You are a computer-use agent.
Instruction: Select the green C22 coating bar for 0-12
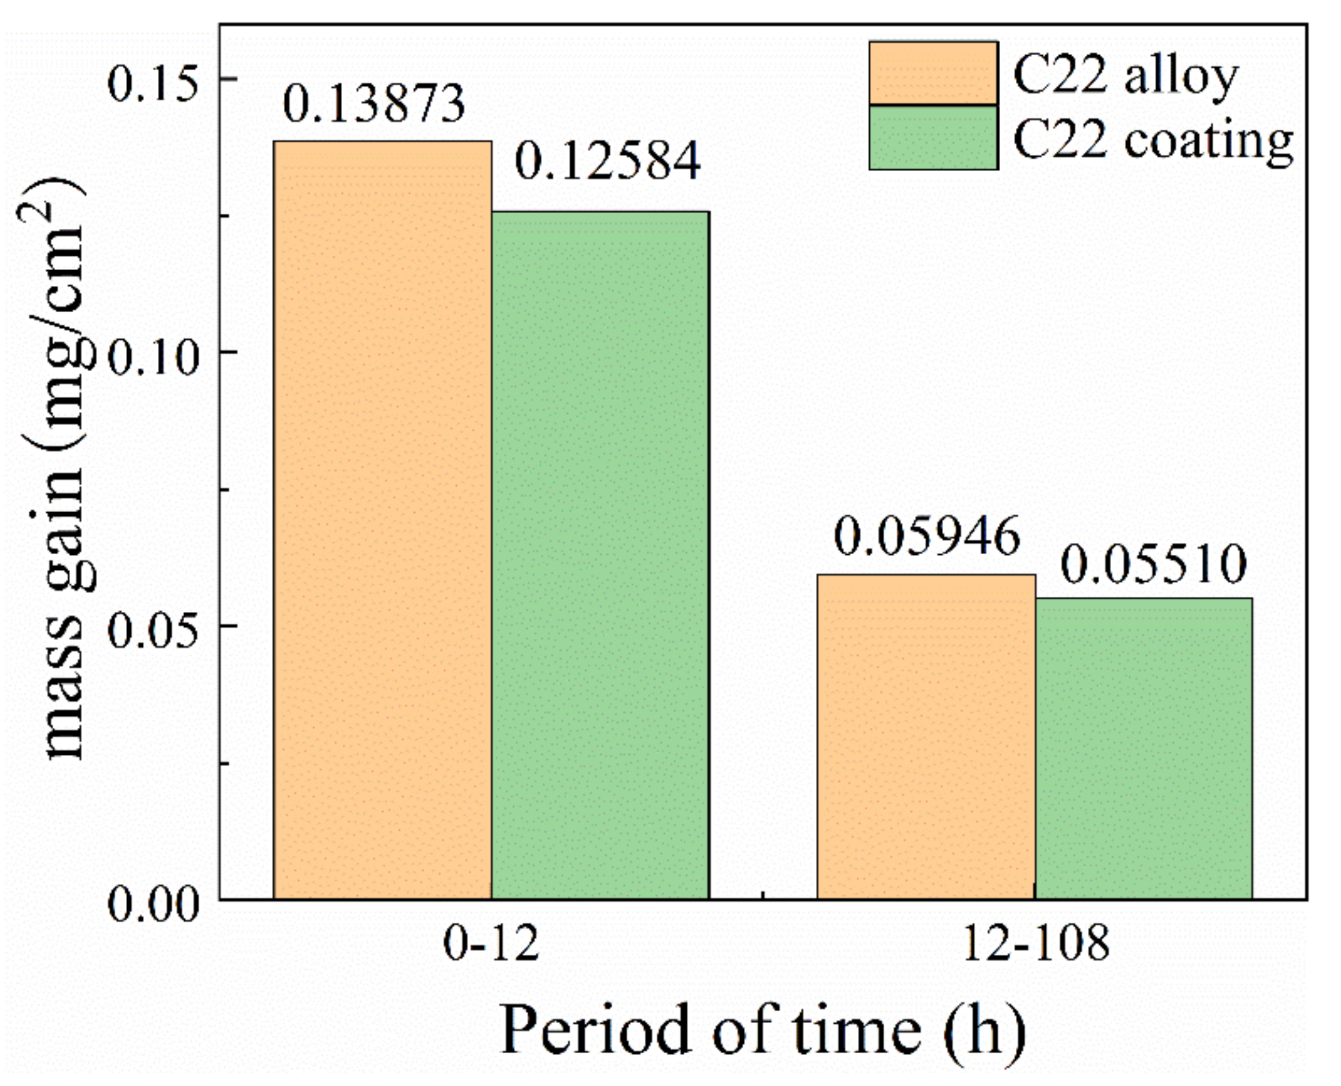click(x=600, y=554)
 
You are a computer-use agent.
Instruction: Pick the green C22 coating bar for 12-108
click(x=1143, y=748)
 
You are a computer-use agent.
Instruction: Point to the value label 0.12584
click(x=608, y=161)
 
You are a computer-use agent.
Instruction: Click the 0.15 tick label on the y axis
click(x=153, y=84)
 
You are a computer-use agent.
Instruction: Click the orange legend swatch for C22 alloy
click(x=933, y=73)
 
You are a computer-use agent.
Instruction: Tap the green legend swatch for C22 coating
click(x=933, y=138)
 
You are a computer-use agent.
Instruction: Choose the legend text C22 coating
click(x=1153, y=140)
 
